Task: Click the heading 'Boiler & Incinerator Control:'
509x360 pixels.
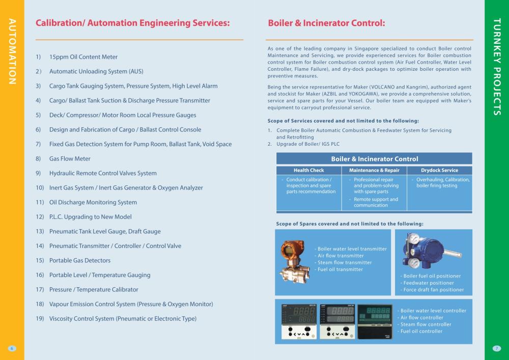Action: click(x=326, y=23)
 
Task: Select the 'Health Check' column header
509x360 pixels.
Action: click(x=308, y=171)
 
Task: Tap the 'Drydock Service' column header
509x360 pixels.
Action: click(x=440, y=171)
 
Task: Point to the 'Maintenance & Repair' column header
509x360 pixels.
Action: click(x=374, y=171)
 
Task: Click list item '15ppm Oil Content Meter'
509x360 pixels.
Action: click(x=83, y=57)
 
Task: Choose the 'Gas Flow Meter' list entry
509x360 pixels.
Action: click(x=70, y=159)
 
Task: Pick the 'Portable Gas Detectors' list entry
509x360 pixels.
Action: click(x=80, y=260)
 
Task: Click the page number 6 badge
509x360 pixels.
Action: click(x=12, y=348)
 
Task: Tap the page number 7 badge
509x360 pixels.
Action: click(x=497, y=348)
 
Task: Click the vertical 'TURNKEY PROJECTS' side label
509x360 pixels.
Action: click(x=497, y=67)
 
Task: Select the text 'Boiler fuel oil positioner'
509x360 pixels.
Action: click(x=432, y=276)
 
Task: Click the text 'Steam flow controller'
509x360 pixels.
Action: click(x=426, y=324)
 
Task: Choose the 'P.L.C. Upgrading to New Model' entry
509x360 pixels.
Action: click(x=90, y=217)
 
